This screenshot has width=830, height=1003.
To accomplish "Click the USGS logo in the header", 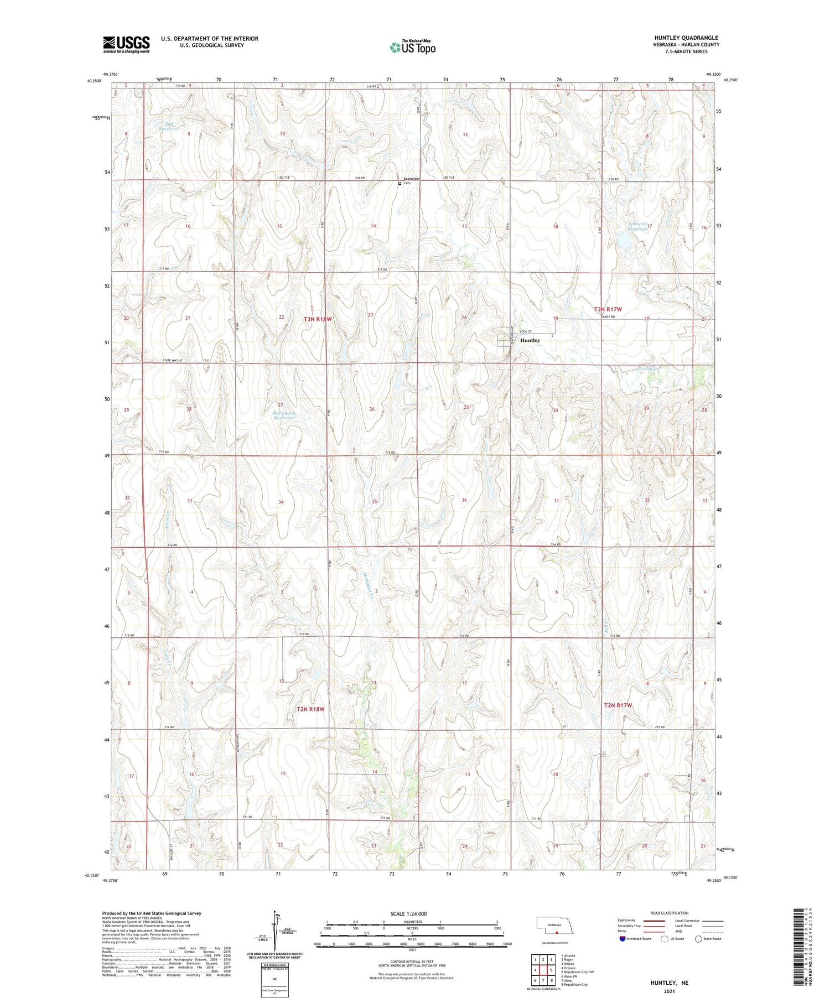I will pos(126,44).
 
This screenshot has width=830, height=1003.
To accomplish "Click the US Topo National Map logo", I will pos(413,47).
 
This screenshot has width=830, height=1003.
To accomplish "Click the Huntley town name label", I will pos(530,340).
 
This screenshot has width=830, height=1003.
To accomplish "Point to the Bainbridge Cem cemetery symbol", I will pos(400,184).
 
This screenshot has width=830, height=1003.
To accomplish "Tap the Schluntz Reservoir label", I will pos(637,226).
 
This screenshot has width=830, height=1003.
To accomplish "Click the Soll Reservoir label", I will pos(169,126).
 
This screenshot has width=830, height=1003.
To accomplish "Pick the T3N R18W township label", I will pos(318,319).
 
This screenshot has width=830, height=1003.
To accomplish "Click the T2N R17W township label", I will pos(618,705).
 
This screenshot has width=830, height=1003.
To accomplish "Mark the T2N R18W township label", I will pos(310,709).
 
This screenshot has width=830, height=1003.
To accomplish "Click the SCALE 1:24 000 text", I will pos(408,913).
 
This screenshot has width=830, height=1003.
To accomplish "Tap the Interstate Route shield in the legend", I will pos(623,938).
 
